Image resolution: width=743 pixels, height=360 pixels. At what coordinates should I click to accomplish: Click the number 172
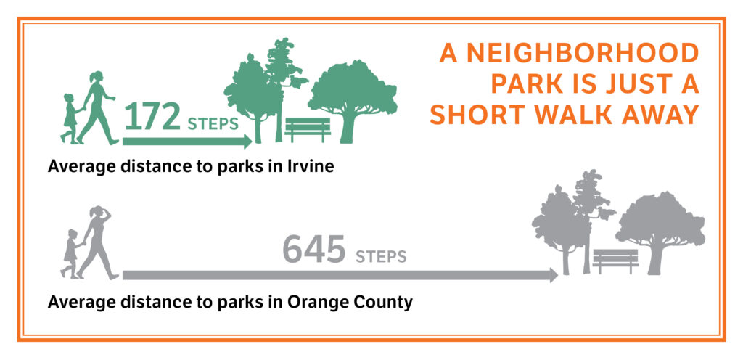point(152,118)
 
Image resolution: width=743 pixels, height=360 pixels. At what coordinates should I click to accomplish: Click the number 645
point(313,250)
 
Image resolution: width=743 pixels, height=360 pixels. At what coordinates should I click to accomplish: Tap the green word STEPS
point(213,124)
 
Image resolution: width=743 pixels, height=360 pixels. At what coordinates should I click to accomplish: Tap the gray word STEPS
point(381,257)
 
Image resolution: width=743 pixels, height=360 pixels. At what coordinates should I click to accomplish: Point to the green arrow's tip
point(252,141)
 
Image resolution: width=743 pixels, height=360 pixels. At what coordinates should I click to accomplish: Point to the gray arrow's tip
point(558,275)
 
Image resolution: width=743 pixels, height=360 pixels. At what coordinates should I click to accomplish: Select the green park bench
point(308,130)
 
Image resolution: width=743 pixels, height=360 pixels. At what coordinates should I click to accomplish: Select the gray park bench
point(615,261)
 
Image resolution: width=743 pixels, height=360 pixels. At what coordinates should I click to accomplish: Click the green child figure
point(70,118)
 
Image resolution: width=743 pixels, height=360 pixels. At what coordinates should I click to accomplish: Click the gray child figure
point(70,253)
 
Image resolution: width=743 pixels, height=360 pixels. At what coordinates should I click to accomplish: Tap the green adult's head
point(96,76)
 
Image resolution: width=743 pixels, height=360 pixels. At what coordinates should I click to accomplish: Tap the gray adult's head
point(97,211)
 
